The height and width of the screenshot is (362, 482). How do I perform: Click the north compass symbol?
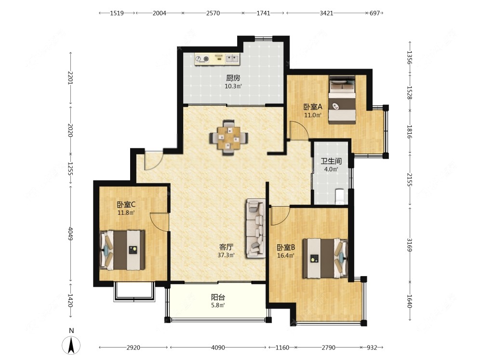tap(71, 345)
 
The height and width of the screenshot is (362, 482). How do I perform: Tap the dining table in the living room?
tap(228, 138)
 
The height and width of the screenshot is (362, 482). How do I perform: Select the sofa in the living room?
tap(255, 228)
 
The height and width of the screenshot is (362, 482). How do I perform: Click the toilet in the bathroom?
tap(340, 196)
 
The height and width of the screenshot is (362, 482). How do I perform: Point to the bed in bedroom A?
tap(342, 99)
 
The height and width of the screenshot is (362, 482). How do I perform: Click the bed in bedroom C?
tap(122, 250)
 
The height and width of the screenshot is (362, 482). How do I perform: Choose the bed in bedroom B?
tap(325, 258)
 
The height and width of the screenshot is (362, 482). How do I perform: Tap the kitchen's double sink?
tap(232, 58)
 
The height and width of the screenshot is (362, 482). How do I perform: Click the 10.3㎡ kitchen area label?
tap(233, 86)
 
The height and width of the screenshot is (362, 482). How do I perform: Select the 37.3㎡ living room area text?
tap(226, 255)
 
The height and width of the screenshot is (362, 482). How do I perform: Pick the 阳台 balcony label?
tap(218, 297)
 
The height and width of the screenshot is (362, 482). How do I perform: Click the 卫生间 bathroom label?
tap(331, 161)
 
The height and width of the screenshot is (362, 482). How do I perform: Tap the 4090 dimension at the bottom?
tap(218, 348)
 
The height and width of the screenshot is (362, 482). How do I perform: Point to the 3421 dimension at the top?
tap(326, 13)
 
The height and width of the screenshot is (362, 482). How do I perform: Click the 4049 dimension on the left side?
tap(70, 234)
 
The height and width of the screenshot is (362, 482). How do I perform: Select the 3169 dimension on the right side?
tap(409, 244)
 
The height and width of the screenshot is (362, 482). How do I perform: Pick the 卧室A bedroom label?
tap(313, 107)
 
